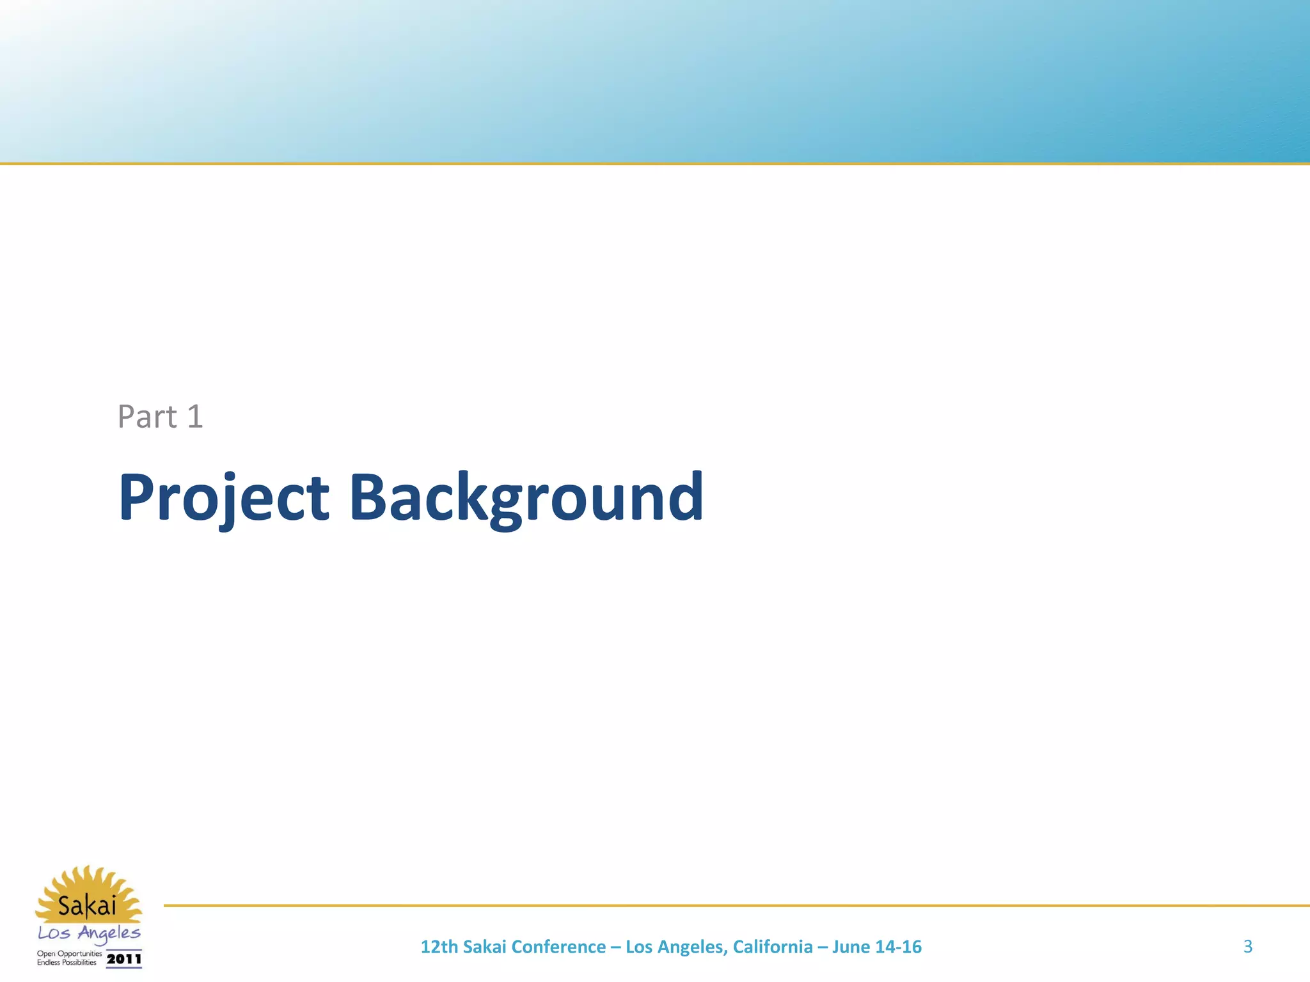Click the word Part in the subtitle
click(x=147, y=417)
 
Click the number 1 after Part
click(x=195, y=417)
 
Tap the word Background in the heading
click(x=526, y=497)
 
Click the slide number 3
click(x=1247, y=946)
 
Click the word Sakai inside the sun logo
click(x=88, y=905)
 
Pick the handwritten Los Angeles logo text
click(x=89, y=933)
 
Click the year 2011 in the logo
click(x=123, y=959)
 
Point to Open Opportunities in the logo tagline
click(x=68, y=953)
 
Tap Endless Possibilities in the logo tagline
click(x=67, y=962)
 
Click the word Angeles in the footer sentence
click(x=693, y=947)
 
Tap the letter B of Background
click(x=369, y=497)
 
